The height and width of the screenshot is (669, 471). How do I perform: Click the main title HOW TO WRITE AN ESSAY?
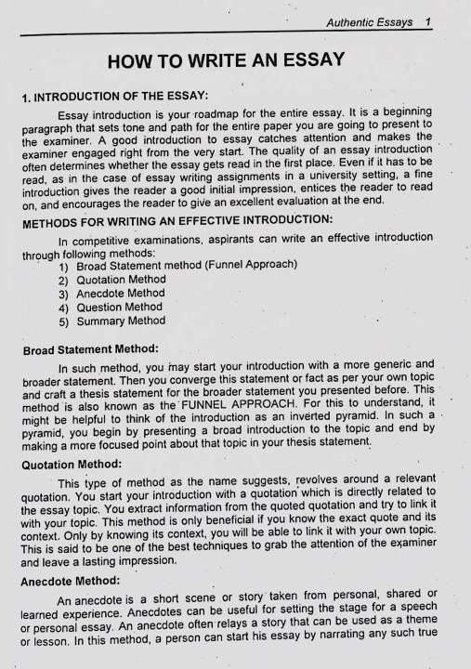coord(226,62)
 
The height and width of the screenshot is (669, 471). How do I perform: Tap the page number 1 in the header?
coord(425,21)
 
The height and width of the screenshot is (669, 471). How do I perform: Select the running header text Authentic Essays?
coord(369,21)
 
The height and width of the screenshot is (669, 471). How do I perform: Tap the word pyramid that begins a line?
coord(42,434)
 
